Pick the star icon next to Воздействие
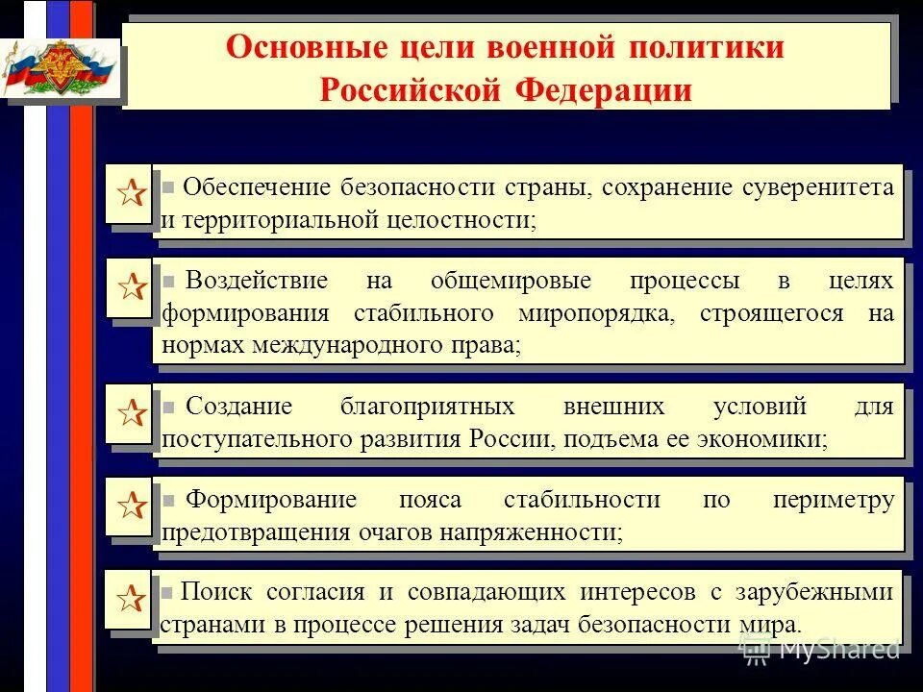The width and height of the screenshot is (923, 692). pos(132,285)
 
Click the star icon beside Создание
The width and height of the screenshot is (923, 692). pos(132,414)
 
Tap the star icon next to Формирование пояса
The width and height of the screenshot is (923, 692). pos(132,505)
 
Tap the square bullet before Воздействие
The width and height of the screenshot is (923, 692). pos(168,281)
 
